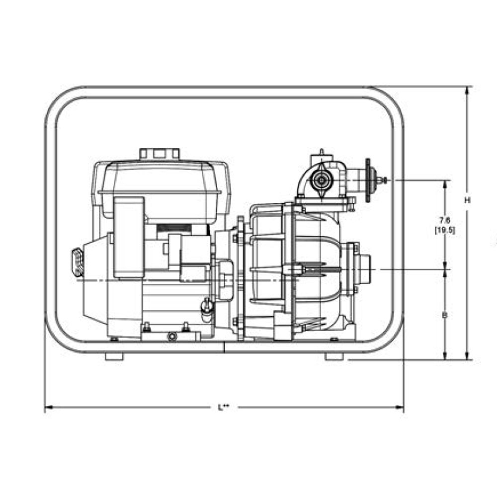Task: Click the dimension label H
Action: coord(467,200)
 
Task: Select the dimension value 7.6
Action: coord(445,220)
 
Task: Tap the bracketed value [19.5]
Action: coord(445,230)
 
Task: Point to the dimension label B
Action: coord(445,315)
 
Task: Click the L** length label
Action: coord(223,407)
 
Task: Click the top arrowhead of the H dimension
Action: coord(467,90)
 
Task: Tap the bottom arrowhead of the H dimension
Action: coord(467,356)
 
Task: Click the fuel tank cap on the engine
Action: coord(160,154)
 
